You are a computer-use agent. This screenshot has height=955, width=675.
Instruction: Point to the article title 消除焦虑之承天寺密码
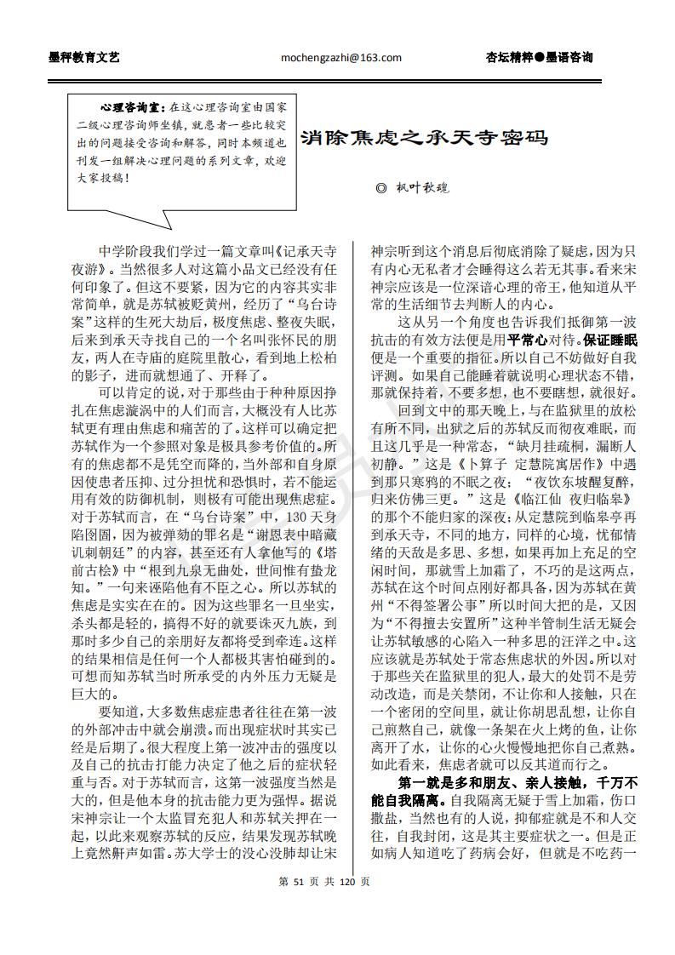(x=424, y=137)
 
